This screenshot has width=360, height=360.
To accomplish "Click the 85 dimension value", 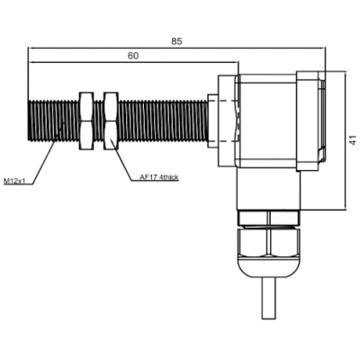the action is click(176, 41).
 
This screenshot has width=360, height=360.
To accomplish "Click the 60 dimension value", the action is click(133, 56).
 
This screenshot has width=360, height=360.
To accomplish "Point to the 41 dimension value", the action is click(354, 140).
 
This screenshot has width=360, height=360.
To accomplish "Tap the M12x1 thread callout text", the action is click(13, 181).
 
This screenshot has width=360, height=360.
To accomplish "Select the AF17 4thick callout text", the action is click(159, 177).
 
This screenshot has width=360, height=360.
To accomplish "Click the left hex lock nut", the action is click(86, 121).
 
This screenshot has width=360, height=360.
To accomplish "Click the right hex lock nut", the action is click(111, 121).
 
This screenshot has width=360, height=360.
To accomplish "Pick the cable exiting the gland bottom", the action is click(268, 299).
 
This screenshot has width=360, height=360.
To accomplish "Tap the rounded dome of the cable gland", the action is click(269, 267).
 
